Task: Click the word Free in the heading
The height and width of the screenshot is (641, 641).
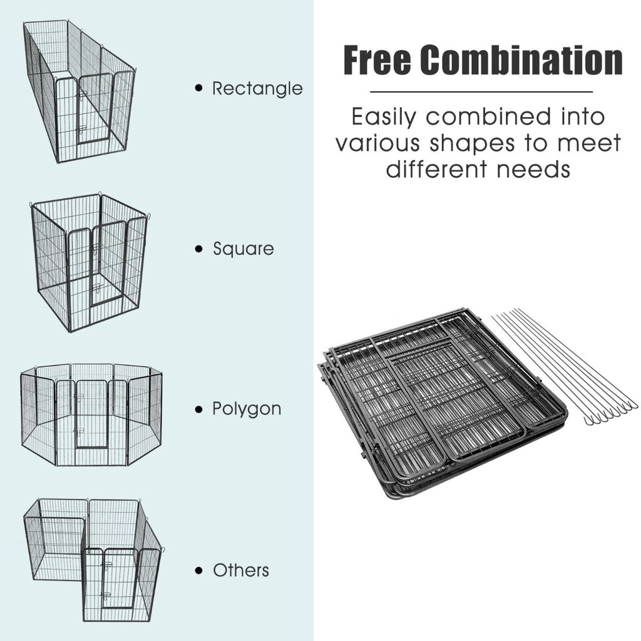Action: (x=377, y=60)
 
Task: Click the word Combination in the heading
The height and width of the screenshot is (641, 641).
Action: (x=521, y=60)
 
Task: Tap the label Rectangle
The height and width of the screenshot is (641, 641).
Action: (x=257, y=88)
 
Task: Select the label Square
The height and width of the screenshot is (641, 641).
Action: (x=244, y=249)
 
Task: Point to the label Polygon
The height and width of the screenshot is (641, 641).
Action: (x=247, y=409)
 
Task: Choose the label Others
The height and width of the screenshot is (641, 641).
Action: (x=241, y=570)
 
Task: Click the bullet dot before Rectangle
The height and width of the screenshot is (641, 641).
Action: (x=199, y=88)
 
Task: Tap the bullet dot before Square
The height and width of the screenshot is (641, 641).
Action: (x=199, y=249)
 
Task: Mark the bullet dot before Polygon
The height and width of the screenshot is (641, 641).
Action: (x=199, y=409)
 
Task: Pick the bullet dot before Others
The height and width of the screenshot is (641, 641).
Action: (x=199, y=570)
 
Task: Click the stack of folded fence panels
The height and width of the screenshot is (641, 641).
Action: (x=441, y=403)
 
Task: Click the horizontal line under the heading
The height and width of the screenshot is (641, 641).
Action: (x=481, y=92)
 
